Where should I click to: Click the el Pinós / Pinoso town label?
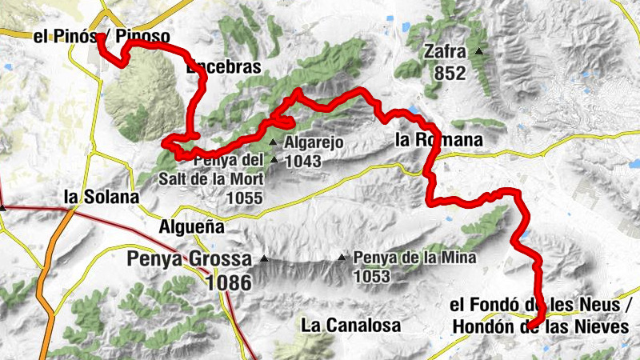pos(102,36)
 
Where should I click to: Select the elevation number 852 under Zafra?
pos(451,73)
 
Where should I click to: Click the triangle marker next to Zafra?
pos(479,52)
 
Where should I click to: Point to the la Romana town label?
pos(439,140)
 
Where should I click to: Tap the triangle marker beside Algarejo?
pos(273,143)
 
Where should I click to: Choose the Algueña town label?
pos(191,227)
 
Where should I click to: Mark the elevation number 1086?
pos(227,282)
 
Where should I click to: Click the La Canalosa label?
pos(350,325)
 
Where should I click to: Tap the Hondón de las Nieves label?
pos(539,327)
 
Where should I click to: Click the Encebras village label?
pos(223,68)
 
